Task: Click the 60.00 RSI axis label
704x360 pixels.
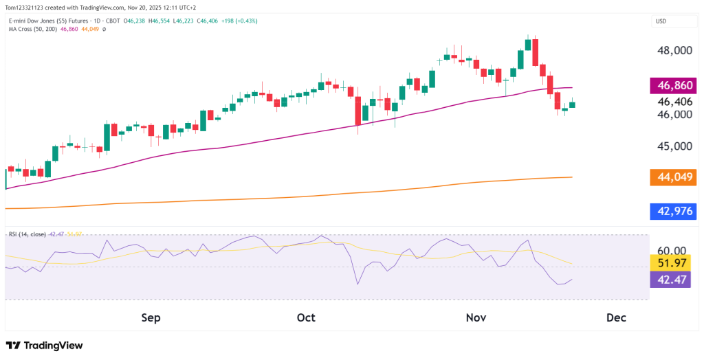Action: coord(673,251)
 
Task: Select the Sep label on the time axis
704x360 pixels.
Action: coord(150,317)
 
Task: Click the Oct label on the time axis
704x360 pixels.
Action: coord(306,317)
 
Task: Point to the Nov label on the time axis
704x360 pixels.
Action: coord(476,317)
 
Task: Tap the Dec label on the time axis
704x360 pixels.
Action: coord(616,317)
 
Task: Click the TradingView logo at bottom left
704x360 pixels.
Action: coord(44,346)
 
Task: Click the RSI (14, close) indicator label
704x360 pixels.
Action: coord(27,234)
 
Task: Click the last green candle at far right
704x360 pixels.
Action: coord(572,104)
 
